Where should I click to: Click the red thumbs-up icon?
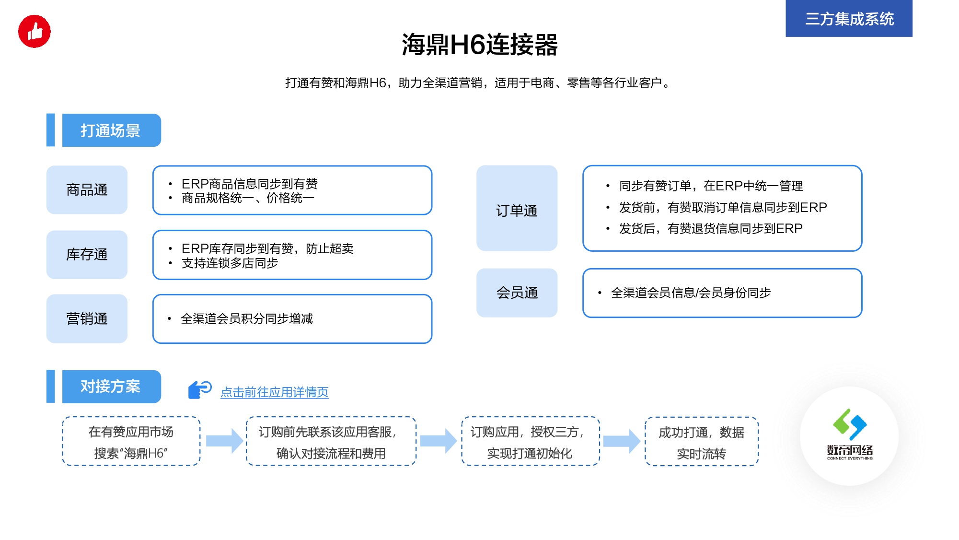(x=35, y=32)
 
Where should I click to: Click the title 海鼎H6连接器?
(x=480, y=45)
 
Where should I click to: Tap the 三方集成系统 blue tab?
(x=849, y=18)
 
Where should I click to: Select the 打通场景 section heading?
(x=111, y=130)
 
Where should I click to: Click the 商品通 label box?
(x=87, y=190)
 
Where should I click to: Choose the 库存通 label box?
(x=87, y=255)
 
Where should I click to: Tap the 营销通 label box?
(x=87, y=319)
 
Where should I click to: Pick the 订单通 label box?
(x=517, y=208)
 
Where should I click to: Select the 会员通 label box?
(x=517, y=293)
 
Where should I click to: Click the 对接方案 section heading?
(x=111, y=387)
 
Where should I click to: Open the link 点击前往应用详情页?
(x=275, y=392)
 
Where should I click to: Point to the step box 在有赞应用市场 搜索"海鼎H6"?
(x=131, y=441)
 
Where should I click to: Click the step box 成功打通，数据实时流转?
(x=702, y=442)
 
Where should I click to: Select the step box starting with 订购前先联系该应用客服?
(x=331, y=441)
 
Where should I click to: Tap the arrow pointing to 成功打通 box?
(x=622, y=441)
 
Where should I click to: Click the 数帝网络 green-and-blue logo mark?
(x=850, y=424)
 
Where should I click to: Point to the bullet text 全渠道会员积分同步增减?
(x=247, y=319)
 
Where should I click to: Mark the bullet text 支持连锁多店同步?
(x=230, y=263)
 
